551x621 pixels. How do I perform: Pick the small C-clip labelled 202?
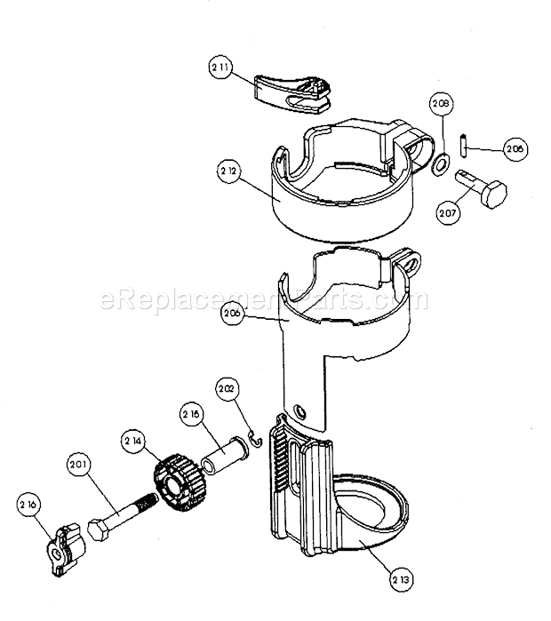click(x=253, y=441)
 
